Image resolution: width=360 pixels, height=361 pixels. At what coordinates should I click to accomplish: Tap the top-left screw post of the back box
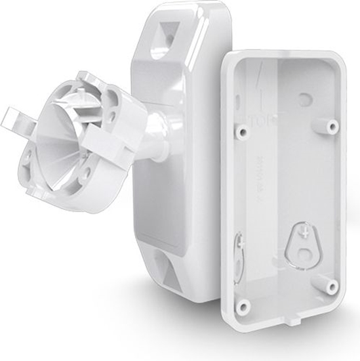point(243,133)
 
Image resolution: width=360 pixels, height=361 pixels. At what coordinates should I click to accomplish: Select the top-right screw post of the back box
point(332,125)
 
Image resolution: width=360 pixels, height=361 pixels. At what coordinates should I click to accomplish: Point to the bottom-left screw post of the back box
point(244,306)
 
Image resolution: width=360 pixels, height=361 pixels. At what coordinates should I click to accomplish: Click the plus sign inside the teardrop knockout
point(303,232)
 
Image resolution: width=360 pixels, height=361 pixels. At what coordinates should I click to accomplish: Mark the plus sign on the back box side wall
point(241,241)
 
